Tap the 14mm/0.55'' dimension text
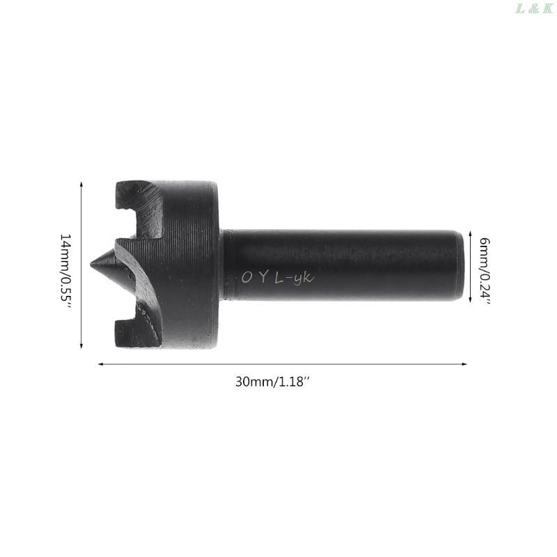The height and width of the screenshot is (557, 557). pos(65,271)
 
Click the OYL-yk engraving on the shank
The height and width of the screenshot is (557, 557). pos(278,277)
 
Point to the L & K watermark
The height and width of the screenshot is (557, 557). pos(534,8)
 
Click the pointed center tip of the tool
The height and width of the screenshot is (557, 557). pos(91,264)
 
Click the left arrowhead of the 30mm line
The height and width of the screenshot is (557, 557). pos(100,363)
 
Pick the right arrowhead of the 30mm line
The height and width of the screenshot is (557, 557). pos(464,363)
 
